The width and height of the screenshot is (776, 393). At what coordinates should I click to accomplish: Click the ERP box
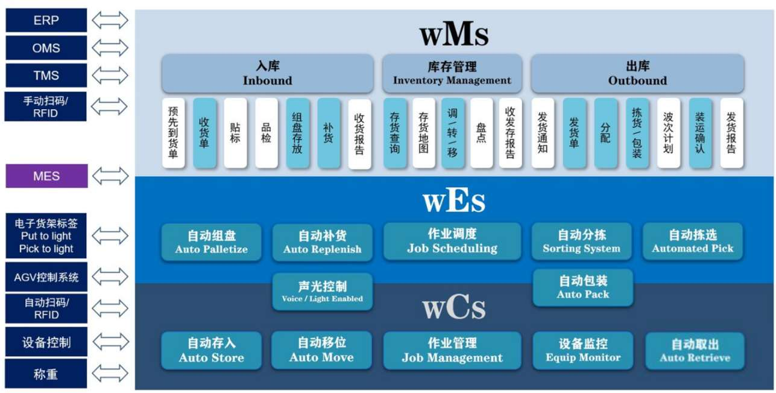pos(46,21)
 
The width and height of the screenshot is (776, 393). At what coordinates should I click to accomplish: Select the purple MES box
pos(46,176)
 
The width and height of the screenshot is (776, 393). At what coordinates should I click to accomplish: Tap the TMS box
pos(46,75)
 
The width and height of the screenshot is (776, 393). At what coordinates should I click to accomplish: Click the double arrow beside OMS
pos(110,48)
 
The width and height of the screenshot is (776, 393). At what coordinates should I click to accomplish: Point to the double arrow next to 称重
pos(110,374)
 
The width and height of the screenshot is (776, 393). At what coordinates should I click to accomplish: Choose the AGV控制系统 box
pos(46,278)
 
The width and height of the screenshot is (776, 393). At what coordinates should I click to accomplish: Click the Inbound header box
pos(267,74)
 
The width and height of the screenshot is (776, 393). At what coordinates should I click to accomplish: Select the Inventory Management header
pos(452,74)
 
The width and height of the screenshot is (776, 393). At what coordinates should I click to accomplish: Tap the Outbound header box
pos(637,74)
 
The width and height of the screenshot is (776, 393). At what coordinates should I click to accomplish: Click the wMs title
pos(454,34)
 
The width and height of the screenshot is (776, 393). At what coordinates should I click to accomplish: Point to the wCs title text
pos(453,308)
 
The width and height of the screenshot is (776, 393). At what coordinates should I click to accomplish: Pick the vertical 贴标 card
pos(235,133)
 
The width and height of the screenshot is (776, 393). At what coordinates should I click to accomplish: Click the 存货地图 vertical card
pos(423,133)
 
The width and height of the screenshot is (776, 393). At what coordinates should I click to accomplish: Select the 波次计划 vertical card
pos(668,133)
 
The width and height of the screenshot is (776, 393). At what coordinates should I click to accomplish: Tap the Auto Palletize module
pos(211,242)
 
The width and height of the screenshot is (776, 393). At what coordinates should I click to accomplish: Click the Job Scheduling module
pos(452,241)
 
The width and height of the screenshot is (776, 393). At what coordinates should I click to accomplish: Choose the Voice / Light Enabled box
pos(322,292)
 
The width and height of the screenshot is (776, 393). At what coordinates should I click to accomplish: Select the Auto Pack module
pos(582,287)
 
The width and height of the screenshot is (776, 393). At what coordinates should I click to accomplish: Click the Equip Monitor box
pos(582,350)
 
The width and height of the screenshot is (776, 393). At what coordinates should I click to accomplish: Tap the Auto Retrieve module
pos(695,351)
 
